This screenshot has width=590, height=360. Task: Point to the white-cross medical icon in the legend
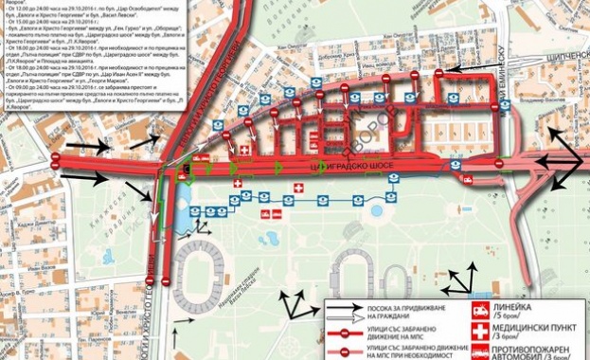[x=480, y=332]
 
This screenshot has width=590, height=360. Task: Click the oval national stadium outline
[x=214, y=275]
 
